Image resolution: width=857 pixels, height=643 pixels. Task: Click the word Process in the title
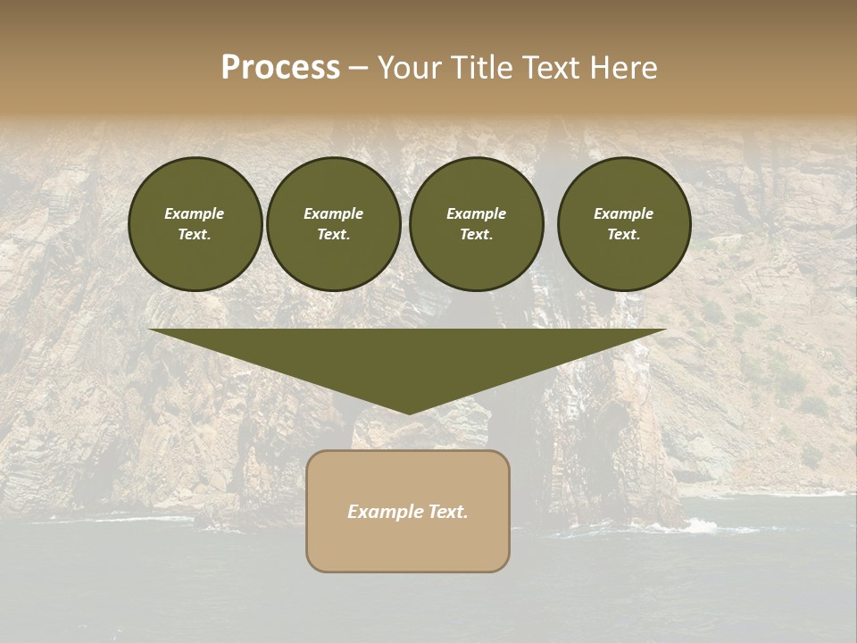280,68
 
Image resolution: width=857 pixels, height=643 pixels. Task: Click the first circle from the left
196,224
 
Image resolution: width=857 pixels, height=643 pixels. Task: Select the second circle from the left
334,224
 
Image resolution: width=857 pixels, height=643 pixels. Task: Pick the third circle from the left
477,224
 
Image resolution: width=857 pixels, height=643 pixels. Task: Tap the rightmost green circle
624,224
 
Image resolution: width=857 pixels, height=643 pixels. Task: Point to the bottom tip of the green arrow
409,413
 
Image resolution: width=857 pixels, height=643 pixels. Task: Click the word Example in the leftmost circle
195,213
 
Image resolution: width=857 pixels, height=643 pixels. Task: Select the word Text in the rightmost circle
622,235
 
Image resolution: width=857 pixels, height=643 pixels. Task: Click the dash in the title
358,68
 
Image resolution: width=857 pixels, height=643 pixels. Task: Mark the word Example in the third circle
476,213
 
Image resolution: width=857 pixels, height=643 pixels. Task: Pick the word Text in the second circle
332,235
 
